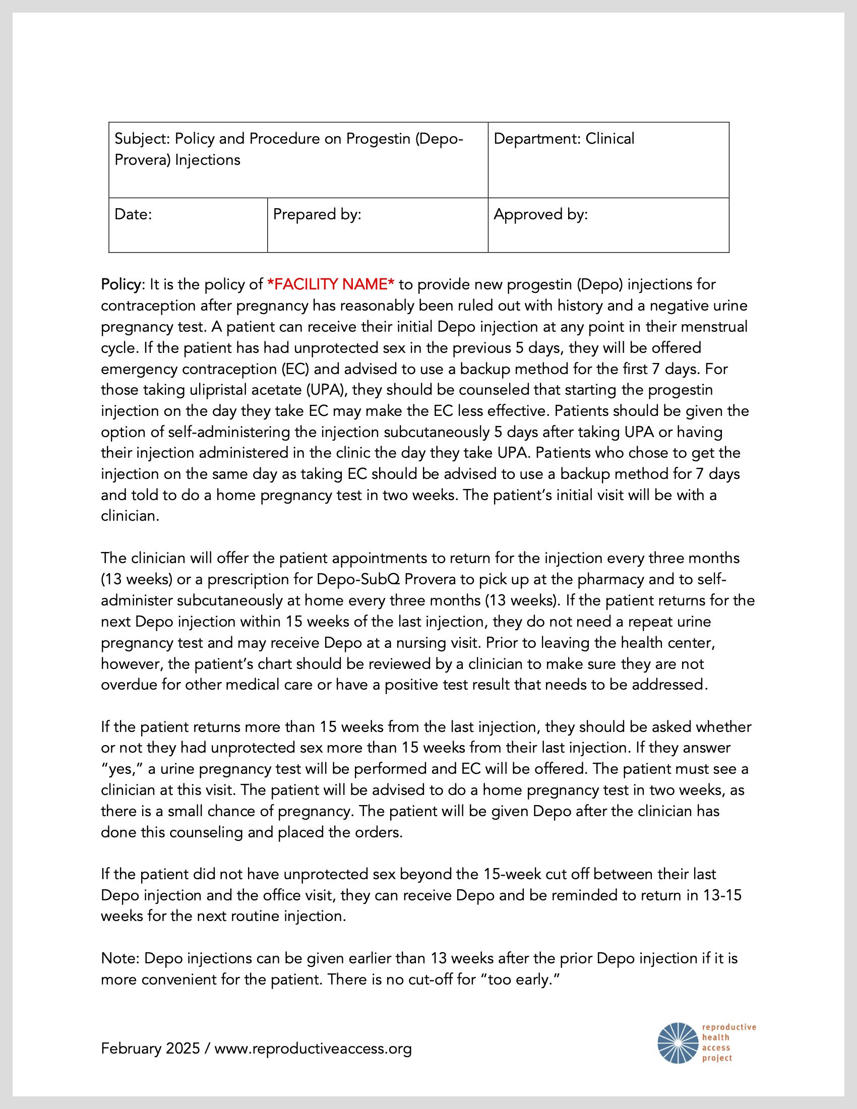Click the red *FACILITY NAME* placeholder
coord(331,284)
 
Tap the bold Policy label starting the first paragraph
coord(121,284)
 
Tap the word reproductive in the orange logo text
coord(729,1027)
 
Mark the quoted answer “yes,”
coord(125,769)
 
